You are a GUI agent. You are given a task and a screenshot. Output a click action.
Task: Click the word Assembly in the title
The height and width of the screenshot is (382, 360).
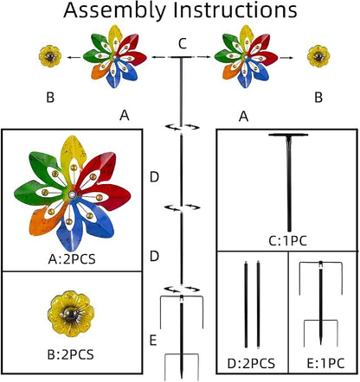coord(115,11)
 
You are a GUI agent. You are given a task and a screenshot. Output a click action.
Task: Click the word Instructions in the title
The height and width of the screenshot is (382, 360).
coord(235,10)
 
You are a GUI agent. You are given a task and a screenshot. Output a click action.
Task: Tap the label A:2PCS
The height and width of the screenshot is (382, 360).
coord(72,259)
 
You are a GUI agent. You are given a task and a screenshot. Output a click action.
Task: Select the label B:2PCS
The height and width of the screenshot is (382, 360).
coord(70,354)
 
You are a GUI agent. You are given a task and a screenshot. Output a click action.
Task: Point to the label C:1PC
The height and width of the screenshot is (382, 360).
coord(287,241)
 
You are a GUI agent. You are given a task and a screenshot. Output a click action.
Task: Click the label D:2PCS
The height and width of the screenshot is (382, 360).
coord(251,364)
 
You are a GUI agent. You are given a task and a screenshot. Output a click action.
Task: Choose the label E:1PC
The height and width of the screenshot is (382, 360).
coord(325,364)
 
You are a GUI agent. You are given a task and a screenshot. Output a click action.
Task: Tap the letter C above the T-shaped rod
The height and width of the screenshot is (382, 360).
coord(183,44)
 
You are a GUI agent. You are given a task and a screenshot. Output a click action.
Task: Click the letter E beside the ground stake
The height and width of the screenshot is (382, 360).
coord(153,341)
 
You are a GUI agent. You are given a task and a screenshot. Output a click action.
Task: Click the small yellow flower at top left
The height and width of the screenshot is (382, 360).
coord(50,56)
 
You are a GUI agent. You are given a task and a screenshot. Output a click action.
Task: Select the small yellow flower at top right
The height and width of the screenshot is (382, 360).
coord(318,56)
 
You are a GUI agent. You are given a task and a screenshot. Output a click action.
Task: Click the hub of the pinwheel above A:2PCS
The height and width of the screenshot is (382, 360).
coord(72,195)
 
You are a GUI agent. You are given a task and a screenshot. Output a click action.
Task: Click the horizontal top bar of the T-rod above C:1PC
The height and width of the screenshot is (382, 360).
coord(288,135)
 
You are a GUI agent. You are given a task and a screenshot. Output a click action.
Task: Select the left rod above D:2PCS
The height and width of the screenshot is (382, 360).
coord(246,304)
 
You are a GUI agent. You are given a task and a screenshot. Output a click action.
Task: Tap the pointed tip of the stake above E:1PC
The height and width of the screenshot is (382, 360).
coord(321,343)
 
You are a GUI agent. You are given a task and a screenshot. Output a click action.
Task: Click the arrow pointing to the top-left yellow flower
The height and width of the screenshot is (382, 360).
coord(74,58)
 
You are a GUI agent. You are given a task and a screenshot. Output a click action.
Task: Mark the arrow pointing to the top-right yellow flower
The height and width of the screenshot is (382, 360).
coord(286,58)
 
